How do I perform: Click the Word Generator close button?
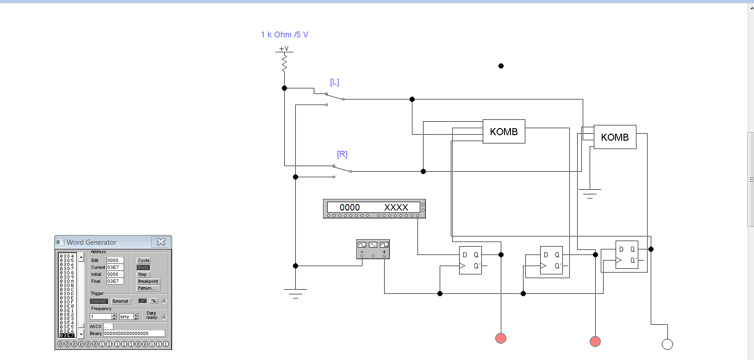pyautogui.click(x=161, y=242)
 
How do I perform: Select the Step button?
pyautogui.click(x=142, y=274)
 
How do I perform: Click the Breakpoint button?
pyautogui.click(x=148, y=281)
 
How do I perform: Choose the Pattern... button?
pyautogui.click(x=148, y=288)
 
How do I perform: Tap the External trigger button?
pyautogui.click(x=120, y=301)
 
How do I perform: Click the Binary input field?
pyautogui.click(x=134, y=334)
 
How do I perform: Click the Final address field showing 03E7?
pyautogui.click(x=115, y=281)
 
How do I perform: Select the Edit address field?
pyautogui.click(x=115, y=261)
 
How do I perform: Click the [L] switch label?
pyautogui.click(x=334, y=82)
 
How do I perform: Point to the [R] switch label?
pyautogui.click(x=342, y=155)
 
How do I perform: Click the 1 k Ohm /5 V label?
pyautogui.click(x=284, y=35)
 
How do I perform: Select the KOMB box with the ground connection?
pyautogui.click(x=615, y=137)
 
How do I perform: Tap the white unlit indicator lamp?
pyautogui.click(x=667, y=344)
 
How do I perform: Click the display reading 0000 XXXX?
pyautogui.click(x=374, y=208)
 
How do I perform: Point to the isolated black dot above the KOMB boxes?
pyautogui.click(x=501, y=66)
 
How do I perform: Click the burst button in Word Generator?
pyautogui.click(x=143, y=267)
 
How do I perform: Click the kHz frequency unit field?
pyautogui.click(x=126, y=317)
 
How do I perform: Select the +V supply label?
pyautogui.click(x=284, y=49)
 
